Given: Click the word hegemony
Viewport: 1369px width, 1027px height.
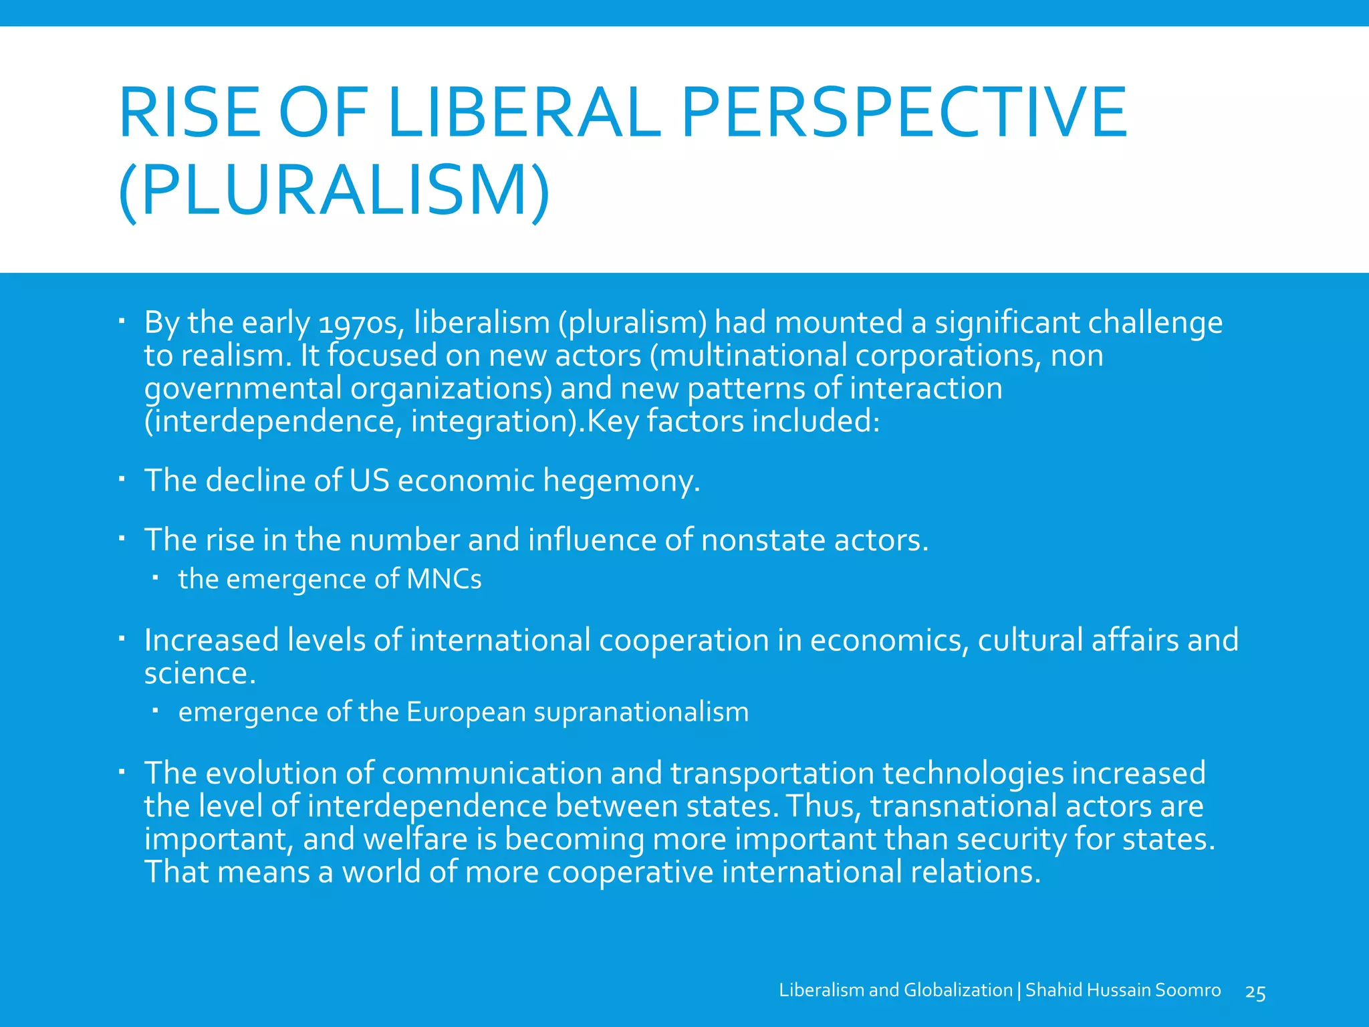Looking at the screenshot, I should [622, 481].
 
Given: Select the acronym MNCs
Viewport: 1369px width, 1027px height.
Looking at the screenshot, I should [444, 579].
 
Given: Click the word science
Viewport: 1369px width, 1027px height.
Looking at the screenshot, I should [200, 673].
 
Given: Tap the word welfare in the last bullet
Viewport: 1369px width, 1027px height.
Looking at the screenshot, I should [415, 839].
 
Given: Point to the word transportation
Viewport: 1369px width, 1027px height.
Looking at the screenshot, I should [772, 774].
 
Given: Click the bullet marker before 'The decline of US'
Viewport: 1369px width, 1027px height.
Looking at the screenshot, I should [122, 479].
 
